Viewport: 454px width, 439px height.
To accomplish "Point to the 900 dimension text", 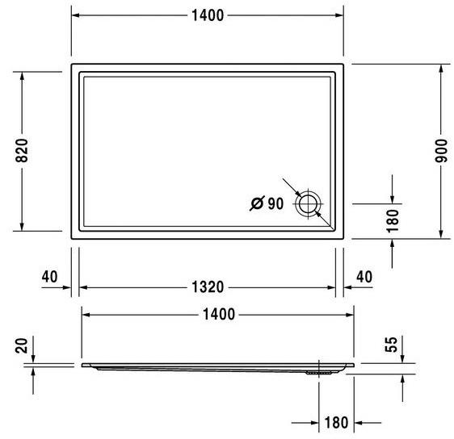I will coord(441,151).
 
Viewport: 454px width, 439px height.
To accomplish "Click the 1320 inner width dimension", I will coord(208,287).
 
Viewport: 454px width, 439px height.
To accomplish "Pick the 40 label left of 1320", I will coord(49,277).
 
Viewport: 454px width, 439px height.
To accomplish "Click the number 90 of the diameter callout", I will coord(275,204).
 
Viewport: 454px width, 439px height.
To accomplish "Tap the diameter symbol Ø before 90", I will coord(256,204).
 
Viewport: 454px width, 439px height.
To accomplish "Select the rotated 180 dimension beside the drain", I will coord(392,220).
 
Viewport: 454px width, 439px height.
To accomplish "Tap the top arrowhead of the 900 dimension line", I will coord(441,69).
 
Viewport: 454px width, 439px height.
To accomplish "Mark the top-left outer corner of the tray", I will coord(72,65).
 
